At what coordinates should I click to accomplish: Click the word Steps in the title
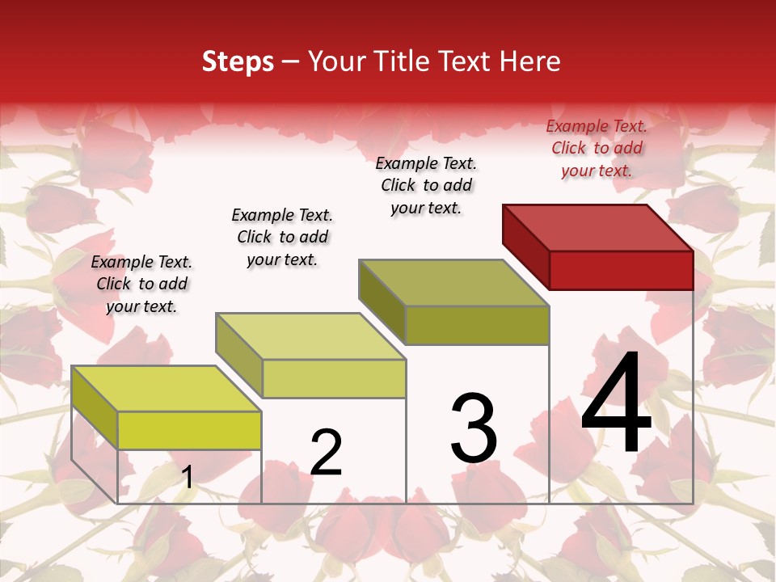pyautogui.click(x=238, y=61)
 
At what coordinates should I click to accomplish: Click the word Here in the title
pyautogui.click(x=529, y=61)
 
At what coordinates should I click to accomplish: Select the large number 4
pyautogui.click(x=616, y=404)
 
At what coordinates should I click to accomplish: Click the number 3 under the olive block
pyautogui.click(x=474, y=428)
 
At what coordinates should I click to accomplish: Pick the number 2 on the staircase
pyautogui.click(x=326, y=453)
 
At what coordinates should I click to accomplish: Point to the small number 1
pyautogui.click(x=188, y=477)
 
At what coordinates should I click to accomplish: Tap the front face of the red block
pyautogui.click(x=621, y=270)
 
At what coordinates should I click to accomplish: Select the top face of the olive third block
pyautogui.click(x=453, y=282)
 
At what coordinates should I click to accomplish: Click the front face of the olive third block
pyautogui.click(x=477, y=325)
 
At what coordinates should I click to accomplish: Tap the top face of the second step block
pyautogui.click(x=310, y=335)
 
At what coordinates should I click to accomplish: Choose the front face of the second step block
pyautogui.click(x=334, y=378)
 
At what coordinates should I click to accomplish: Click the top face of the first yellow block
pyautogui.click(x=166, y=388)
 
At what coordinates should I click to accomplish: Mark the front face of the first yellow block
pyautogui.click(x=189, y=430)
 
